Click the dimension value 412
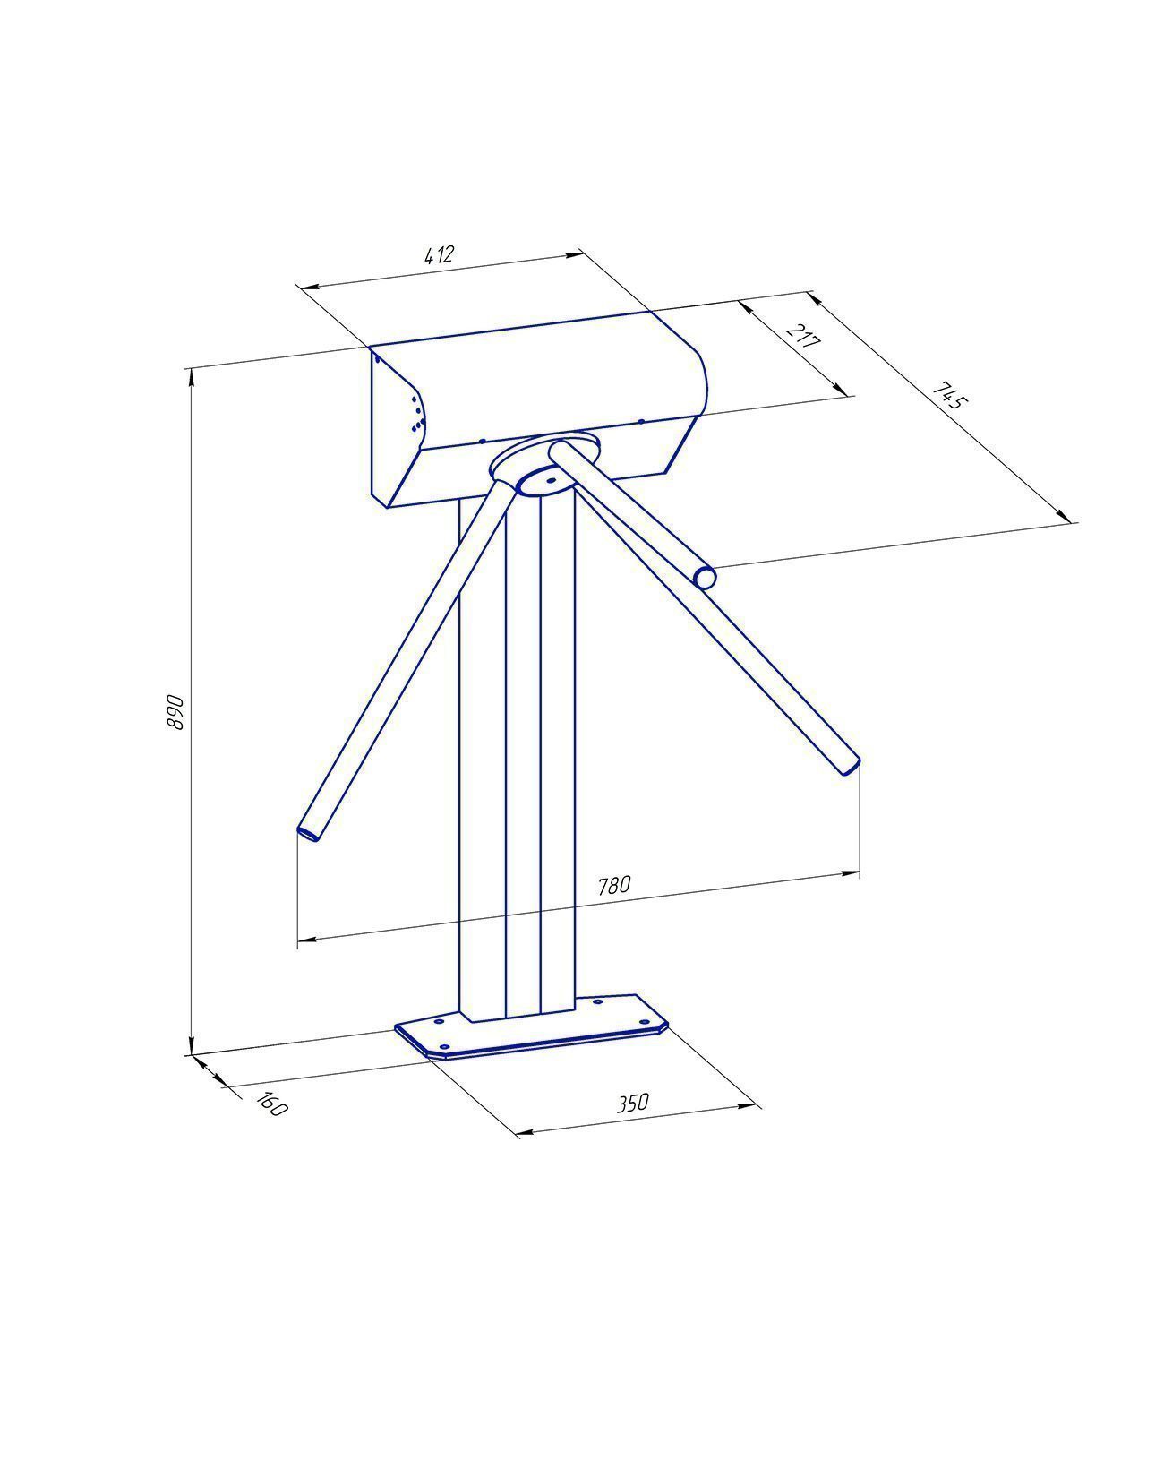click(439, 254)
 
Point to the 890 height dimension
click(175, 712)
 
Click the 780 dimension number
click(614, 885)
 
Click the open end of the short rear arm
click(705, 577)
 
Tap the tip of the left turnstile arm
click(310, 832)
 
